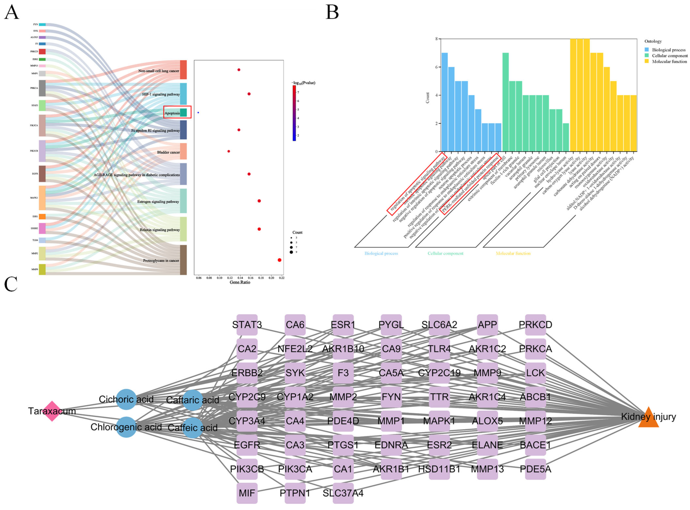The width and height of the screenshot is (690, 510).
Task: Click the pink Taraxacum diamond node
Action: pos(52,411)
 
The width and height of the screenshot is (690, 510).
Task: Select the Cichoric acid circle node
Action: pos(126,399)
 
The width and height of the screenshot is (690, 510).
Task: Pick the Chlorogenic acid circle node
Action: pos(126,427)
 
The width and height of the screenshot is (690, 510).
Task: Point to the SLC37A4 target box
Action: pos(343,493)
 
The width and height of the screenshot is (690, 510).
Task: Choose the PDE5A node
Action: pos(535,469)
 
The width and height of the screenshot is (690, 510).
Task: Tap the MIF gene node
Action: pos(247,493)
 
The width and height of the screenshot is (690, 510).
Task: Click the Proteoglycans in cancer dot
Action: pos(279,260)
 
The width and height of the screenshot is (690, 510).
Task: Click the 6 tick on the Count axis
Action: pos(436,67)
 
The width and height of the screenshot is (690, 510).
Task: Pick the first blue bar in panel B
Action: pos(445,102)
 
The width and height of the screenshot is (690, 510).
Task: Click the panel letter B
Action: pos(332,12)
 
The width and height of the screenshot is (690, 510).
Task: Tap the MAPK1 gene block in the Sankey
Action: pos(42,198)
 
